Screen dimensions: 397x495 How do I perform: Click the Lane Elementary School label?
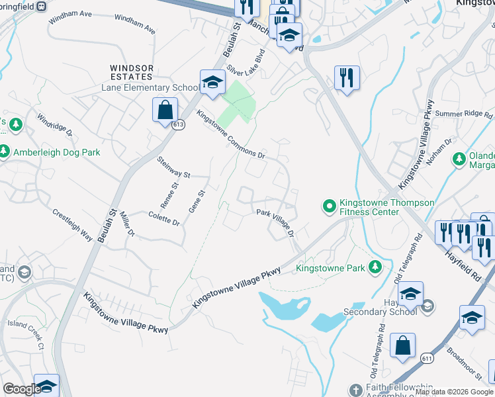pyautogui.click(x=150, y=88)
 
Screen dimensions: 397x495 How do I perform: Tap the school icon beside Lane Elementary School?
pyautogui.click(x=212, y=82)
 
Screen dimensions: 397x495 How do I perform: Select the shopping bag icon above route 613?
pyautogui.click(x=165, y=110)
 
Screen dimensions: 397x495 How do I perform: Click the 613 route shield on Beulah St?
pyautogui.click(x=179, y=126)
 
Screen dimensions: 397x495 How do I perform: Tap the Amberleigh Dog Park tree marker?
pyautogui.click(x=5, y=152)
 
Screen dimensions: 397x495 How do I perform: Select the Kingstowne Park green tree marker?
pyautogui.click(x=375, y=268)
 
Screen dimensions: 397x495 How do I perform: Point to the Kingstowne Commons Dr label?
pyautogui.click(x=231, y=134)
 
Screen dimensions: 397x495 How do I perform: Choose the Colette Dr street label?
pyautogui.click(x=164, y=219)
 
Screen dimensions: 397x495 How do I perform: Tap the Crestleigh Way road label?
pyautogui.click(x=72, y=224)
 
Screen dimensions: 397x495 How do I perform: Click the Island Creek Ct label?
pyautogui.click(x=26, y=335)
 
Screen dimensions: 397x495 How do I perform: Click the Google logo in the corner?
pyautogui.click(x=21, y=388)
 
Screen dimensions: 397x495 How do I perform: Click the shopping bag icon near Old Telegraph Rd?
pyautogui.click(x=402, y=345)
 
